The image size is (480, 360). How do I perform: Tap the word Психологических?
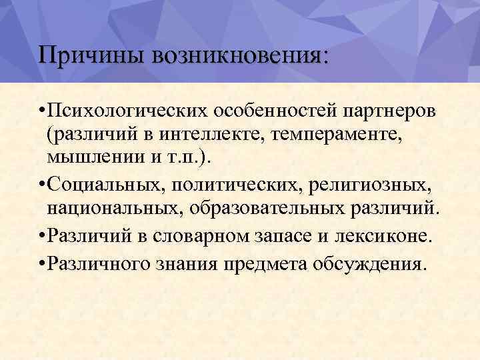[x=123, y=109]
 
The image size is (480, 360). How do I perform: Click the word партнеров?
[x=380, y=109]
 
